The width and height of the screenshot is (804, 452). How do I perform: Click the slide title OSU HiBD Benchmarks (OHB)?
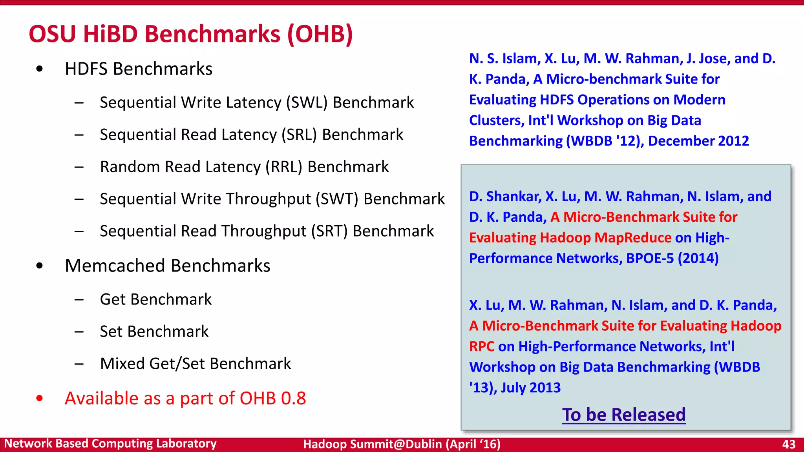point(191,34)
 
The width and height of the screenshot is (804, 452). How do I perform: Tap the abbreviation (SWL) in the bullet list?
point(307,103)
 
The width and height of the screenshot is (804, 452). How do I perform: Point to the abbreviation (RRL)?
point(284,167)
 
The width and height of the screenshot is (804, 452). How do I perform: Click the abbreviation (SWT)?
point(337,199)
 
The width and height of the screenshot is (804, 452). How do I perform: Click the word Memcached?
point(120,266)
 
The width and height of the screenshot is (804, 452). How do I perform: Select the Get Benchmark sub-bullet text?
point(156,300)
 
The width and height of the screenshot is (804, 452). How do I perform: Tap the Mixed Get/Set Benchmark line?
point(196,364)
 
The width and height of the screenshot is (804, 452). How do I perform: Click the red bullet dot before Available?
point(39,399)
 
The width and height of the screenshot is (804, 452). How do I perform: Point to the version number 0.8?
point(293,399)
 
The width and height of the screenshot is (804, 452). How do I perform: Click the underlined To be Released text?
point(624,415)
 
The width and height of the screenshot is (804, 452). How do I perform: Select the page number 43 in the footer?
point(789,444)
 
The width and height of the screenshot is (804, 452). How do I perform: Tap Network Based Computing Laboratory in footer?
point(110,444)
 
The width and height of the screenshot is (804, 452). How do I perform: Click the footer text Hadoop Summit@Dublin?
point(373,444)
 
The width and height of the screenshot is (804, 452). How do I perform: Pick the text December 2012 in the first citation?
point(698,141)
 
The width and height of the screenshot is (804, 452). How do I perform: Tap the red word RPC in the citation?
point(482,347)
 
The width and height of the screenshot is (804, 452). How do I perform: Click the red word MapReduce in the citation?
point(633,238)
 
